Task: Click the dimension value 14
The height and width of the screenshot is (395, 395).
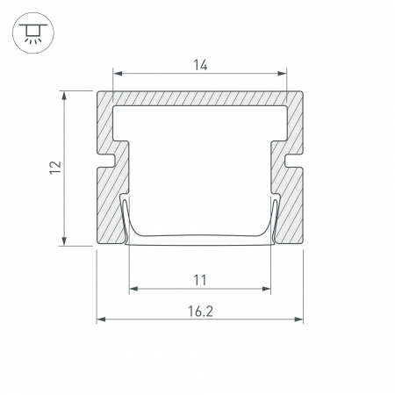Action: pos(200,65)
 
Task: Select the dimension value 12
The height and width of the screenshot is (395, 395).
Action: pos(55,168)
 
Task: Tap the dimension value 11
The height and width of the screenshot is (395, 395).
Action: pos(200,280)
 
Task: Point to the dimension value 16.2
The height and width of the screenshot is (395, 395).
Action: pos(200,312)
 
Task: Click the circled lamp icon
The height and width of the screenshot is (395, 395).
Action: pos(33,32)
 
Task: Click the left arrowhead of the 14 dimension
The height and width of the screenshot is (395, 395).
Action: pos(118,73)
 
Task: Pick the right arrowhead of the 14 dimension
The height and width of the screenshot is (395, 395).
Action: pos(282,73)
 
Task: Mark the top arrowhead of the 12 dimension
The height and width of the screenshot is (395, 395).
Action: pos(64,96)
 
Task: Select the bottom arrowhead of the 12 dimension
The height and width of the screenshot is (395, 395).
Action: pos(64,241)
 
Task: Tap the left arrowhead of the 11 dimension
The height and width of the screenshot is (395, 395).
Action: pos(133,289)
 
